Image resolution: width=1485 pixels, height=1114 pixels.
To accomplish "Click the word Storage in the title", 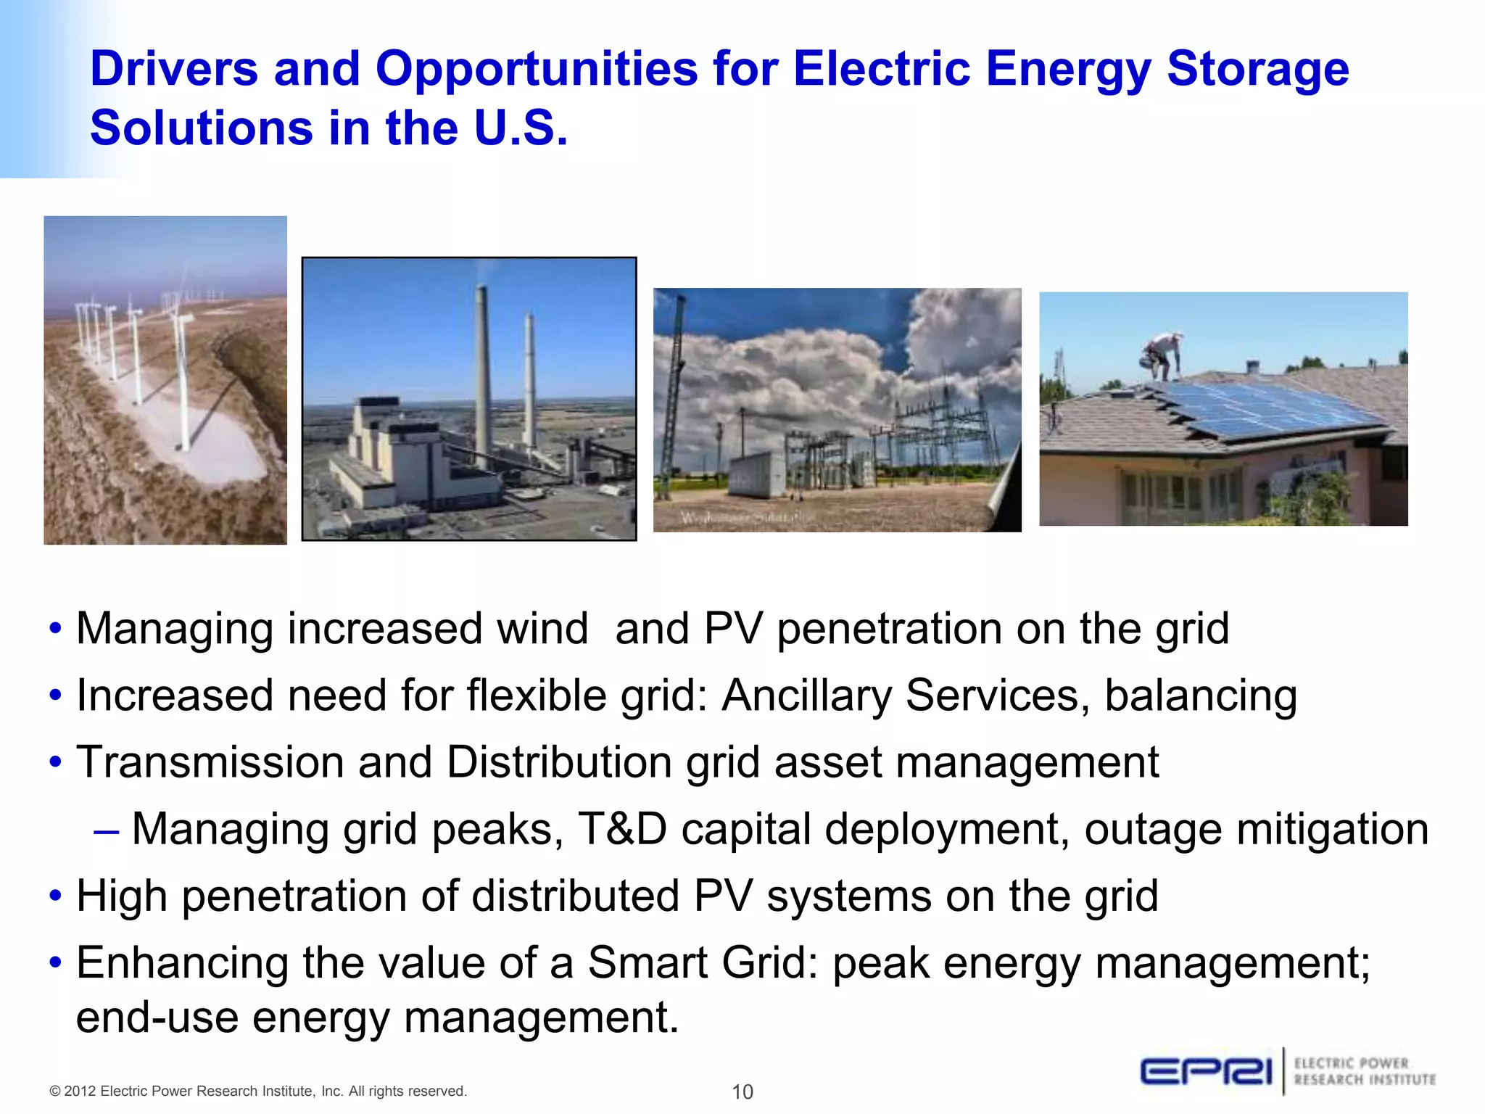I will click(1257, 70).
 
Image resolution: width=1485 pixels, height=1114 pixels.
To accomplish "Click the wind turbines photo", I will click(165, 380).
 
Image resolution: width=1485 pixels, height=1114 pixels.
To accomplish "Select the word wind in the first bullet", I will click(542, 629).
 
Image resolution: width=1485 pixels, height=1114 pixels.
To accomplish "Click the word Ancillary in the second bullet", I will click(806, 696).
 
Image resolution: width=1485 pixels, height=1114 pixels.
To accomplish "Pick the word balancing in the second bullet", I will click(1200, 696).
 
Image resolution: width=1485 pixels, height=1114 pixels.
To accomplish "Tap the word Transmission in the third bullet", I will click(210, 763).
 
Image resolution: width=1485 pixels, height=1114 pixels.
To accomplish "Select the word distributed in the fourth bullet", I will click(575, 896).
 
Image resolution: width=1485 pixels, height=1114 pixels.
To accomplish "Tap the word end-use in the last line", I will click(157, 1018).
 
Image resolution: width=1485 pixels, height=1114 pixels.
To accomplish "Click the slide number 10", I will click(742, 1092).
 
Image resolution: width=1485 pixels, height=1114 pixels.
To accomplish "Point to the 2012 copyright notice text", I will click(258, 1092).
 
